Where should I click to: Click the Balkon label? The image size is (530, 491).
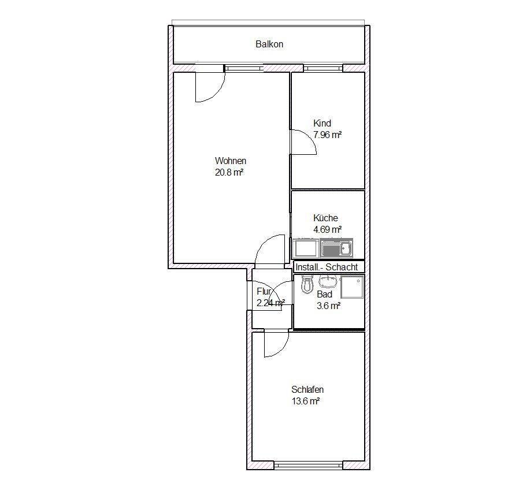pyautogui.click(x=269, y=44)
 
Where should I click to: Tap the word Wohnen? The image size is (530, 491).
pyautogui.click(x=231, y=161)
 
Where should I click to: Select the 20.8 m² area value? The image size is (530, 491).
pyautogui.click(x=229, y=172)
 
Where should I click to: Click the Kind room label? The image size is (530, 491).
pyautogui.click(x=322, y=123)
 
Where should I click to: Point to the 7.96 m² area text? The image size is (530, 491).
pyautogui.click(x=327, y=135)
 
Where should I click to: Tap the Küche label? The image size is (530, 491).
pyautogui.click(x=325, y=218)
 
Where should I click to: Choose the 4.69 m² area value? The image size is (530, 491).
pyautogui.click(x=327, y=229)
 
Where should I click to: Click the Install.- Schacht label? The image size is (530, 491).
pyautogui.click(x=327, y=267)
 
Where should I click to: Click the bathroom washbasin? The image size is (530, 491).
pyautogui.click(x=328, y=281)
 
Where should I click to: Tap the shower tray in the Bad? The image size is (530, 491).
pyautogui.click(x=352, y=287)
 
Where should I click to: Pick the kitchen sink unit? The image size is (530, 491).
pyautogui.click(x=336, y=248)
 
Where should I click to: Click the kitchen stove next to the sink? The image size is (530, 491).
pyautogui.click(x=306, y=248)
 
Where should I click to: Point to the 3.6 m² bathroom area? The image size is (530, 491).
pyautogui.click(x=328, y=306)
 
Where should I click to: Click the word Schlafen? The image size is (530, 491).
pyautogui.click(x=307, y=390)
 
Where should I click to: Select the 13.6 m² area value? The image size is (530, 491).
pyautogui.click(x=306, y=401)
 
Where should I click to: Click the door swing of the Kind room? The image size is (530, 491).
pyautogui.click(x=310, y=138)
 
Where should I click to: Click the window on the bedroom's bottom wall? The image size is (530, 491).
pyautogui.click(x=308, y=466)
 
